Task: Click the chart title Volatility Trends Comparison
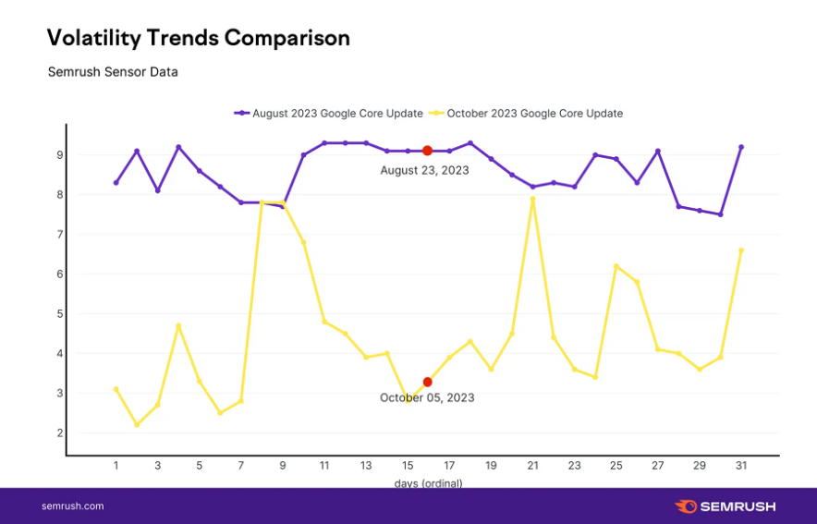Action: point(198,38)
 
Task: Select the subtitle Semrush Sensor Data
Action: point(113,71)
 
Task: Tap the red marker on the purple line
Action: point(427,151)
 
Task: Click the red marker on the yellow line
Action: point(427,382)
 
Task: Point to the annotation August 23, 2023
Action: point(424,170)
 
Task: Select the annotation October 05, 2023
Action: point(426,397)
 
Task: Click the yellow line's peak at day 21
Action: point(532,199)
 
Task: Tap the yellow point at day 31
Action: point(741,250)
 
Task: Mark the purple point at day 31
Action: point(741,147)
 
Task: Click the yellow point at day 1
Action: point(116,389)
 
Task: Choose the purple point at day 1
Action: point(116,183)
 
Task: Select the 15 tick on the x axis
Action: point(408,466)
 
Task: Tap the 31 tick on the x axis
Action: point(741,466)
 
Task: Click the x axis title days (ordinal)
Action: point(428,482)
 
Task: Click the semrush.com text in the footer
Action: point(73,506)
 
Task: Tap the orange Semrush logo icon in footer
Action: point(686,506)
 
